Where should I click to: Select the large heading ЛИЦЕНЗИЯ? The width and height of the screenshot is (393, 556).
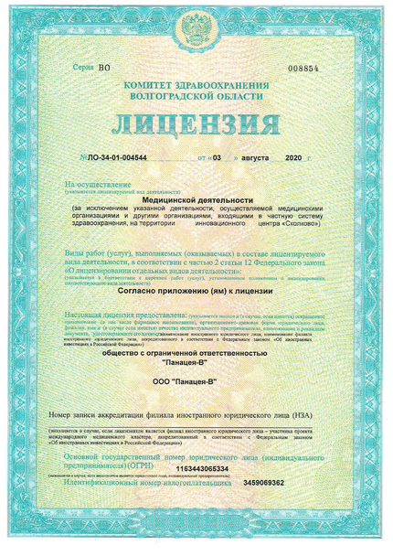click(195, 124)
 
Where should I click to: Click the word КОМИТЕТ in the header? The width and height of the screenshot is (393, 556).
click(160, 84)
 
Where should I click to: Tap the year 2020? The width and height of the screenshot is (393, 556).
click(292, 158)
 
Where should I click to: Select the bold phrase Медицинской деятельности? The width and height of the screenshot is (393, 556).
click(196, 198)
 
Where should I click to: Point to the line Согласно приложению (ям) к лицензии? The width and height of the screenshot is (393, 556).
click(196, 289)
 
